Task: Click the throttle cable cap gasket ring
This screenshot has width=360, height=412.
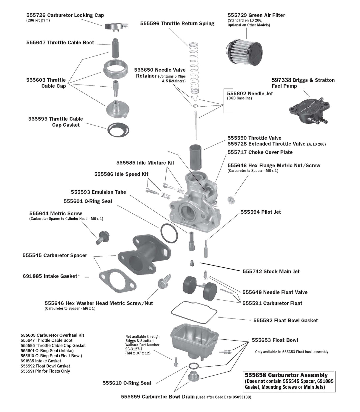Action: point(119,129)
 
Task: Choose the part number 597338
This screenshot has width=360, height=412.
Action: point(281,80)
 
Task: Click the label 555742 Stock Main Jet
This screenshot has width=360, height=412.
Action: point(271,271)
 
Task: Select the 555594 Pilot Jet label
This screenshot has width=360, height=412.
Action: point(261,212)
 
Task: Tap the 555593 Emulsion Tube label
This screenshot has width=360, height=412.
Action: point(98,192)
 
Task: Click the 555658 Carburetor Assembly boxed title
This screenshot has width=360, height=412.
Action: point(286,375)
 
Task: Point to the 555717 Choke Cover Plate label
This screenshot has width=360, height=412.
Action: point(260,152)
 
